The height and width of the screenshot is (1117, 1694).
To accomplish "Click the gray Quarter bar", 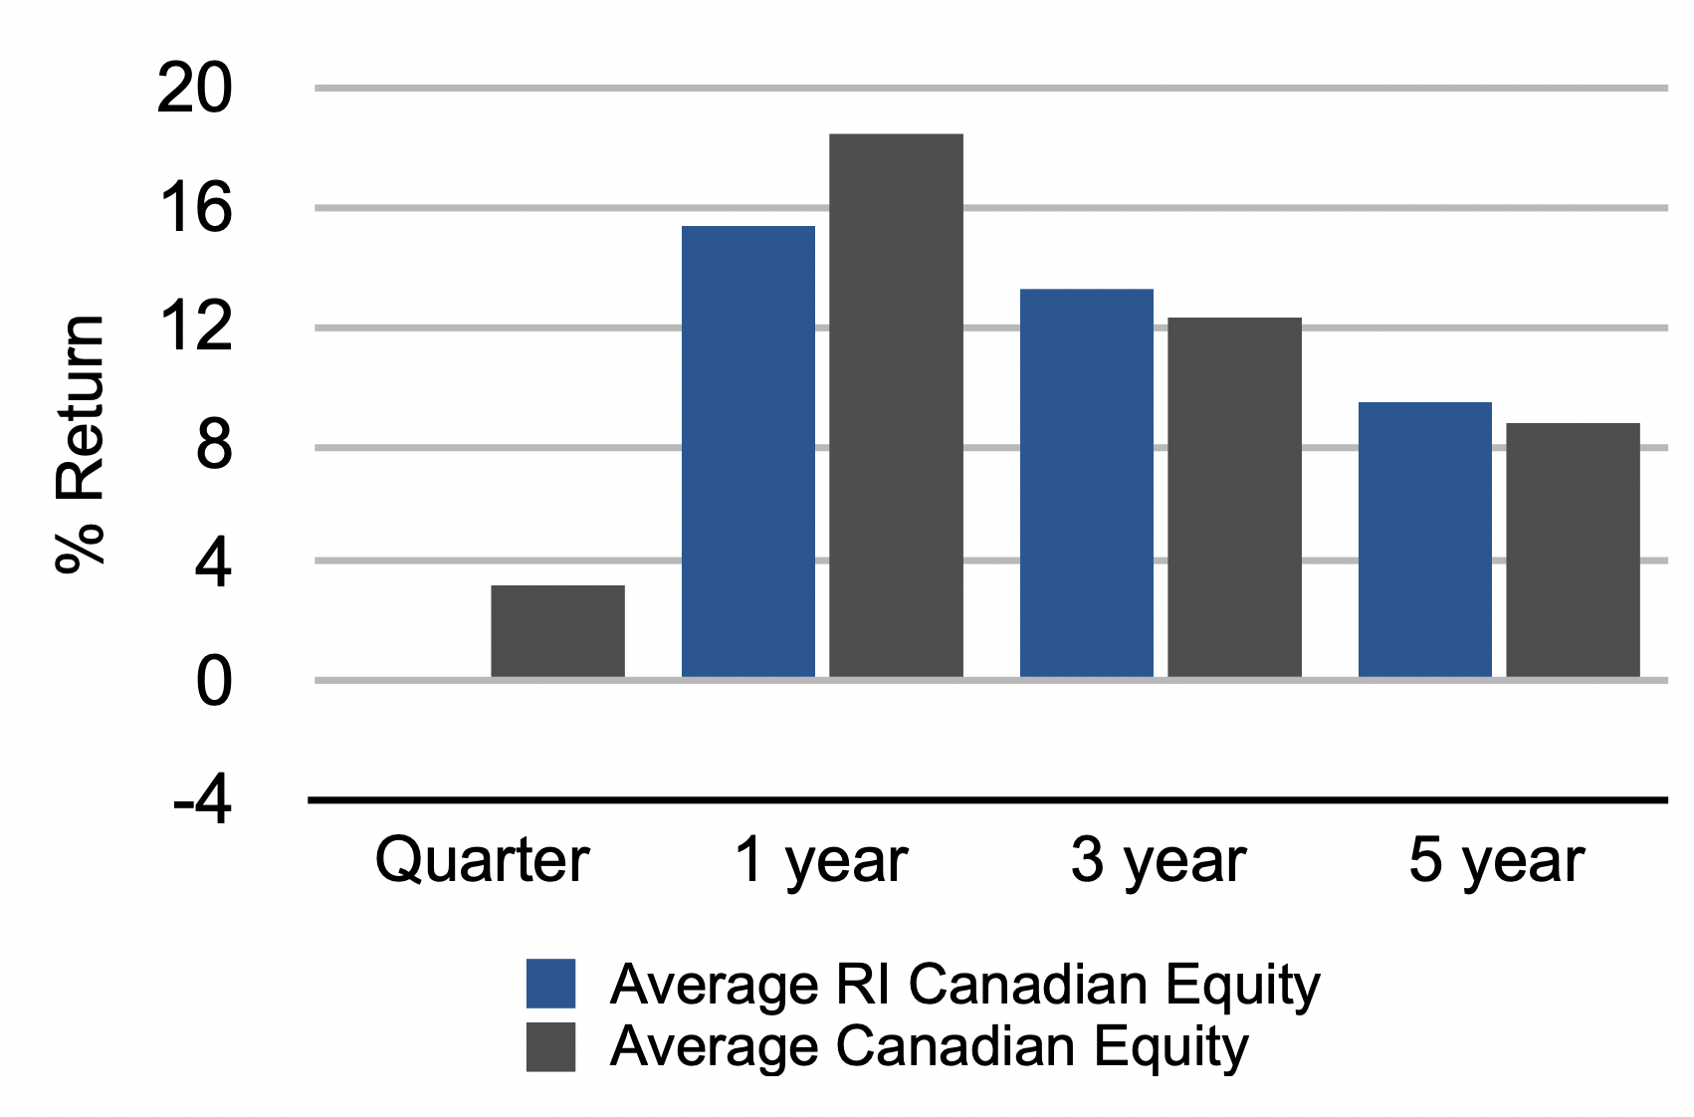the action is [557, 631].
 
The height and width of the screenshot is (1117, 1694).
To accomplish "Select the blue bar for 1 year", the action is [747, 452].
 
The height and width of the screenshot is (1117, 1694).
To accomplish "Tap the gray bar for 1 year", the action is [896, 405].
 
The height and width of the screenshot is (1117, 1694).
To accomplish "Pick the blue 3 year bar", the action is [1087, 483].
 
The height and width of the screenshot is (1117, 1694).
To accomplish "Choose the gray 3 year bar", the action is [1235, 497].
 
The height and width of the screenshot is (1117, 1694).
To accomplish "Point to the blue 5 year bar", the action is [1425, 540].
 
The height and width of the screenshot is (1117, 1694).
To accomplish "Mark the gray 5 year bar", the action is [1573, 550].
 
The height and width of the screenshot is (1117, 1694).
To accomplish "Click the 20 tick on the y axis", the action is [194, 89].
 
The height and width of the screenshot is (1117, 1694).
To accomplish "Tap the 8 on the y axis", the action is [214, 447].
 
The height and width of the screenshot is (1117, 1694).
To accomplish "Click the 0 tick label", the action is [214, 682].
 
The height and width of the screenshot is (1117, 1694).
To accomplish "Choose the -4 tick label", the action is [202, 801].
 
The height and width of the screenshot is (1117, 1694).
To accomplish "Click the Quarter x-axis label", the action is [482, 861].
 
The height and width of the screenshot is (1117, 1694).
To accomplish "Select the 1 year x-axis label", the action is [821, 863].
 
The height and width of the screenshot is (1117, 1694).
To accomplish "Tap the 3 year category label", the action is [1159, 863].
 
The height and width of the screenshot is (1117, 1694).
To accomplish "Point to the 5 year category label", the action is [1497, 863].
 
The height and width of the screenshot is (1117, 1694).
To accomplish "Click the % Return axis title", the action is [81, 444].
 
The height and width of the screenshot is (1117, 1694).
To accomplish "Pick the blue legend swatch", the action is [550, 984].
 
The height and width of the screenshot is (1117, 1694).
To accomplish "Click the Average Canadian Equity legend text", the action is [930, 1048].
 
